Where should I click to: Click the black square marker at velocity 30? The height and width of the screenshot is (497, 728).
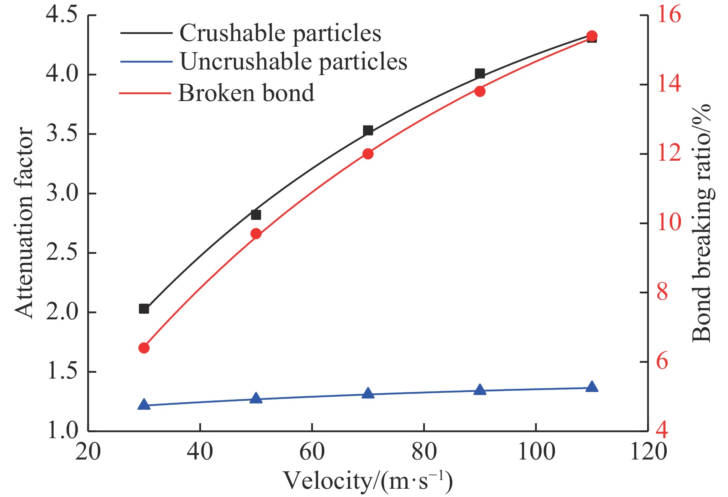point(144,309)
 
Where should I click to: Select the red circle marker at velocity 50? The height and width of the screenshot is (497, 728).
point(256,234)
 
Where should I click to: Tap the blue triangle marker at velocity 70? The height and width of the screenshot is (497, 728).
point(368,393)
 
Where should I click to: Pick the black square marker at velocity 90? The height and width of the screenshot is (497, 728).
point(480,73)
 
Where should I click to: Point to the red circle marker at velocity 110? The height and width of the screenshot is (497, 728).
point(592,36)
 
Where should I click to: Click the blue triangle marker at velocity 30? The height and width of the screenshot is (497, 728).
point(144,405)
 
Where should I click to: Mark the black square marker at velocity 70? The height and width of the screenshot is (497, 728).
point(368,130)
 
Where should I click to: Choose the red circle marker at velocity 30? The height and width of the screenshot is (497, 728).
point(144,348)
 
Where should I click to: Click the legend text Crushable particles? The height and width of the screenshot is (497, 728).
point(280,33)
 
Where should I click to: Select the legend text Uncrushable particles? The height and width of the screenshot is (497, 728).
point(293,62)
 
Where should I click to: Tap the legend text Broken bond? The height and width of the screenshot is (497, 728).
point(246,93)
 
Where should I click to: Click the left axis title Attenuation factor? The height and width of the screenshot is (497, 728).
point(24,223)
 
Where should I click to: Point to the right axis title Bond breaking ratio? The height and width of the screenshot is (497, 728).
point(702,223)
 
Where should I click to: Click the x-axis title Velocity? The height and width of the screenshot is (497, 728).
point(367,481)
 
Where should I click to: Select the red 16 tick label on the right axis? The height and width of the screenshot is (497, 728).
point(669,15)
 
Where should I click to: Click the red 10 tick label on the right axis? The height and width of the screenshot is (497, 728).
point(669,223)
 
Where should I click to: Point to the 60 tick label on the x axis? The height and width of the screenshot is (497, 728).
point(312,451)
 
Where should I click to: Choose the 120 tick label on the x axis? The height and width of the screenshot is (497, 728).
point(648,451)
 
